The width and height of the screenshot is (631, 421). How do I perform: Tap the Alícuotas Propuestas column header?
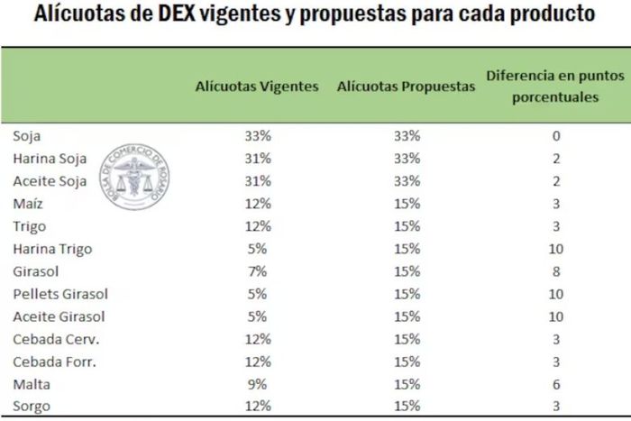point(406,87)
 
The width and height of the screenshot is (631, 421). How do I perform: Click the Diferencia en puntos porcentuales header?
point(555,87)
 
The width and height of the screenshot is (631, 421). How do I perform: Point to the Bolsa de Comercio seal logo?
point(134,176)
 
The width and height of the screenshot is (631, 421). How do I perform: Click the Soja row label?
point(27,136)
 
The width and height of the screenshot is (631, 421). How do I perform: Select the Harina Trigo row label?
point(52,249)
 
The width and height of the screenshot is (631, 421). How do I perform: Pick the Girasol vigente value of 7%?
point(257,271)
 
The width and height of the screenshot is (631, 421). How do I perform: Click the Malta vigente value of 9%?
point(257,384)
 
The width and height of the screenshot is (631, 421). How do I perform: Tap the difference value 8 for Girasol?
point(556,271)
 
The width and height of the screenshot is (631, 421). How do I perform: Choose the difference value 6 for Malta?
point(556,384)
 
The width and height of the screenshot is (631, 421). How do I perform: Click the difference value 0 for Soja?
point(556,136)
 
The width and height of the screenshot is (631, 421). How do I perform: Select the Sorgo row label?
point(32,407)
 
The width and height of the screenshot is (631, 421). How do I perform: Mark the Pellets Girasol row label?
point(60,294)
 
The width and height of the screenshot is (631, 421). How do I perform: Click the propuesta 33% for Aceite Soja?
point(407,181)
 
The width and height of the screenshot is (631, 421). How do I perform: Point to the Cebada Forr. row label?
point(53,362)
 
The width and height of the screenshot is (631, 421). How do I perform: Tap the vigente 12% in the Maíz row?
point(257,204)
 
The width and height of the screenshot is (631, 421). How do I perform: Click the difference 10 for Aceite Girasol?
point(556,316)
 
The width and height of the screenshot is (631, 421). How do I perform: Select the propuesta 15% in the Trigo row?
point(407,226)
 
